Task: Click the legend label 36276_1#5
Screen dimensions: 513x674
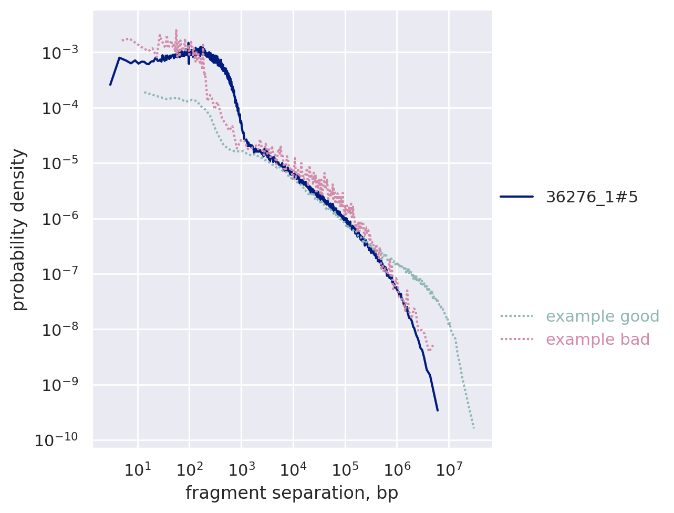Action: point(592,197)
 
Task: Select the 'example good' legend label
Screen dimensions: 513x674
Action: point(602,316)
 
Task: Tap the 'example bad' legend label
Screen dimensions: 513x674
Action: point(597,340)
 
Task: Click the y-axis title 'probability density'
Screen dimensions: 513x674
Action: point(19,229)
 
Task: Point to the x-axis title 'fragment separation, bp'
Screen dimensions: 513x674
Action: point(292,493)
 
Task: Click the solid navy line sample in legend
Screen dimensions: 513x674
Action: point(516,197)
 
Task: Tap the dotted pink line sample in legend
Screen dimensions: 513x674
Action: point(516,340)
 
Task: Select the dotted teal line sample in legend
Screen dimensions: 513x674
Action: point(516,316)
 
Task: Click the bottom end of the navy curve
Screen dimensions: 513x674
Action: point(437,410)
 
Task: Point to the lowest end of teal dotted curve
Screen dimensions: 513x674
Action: point(474,428)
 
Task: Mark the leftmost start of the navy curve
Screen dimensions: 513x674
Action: point(110,84)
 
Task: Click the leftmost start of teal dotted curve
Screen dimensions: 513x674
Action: point(144,92)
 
